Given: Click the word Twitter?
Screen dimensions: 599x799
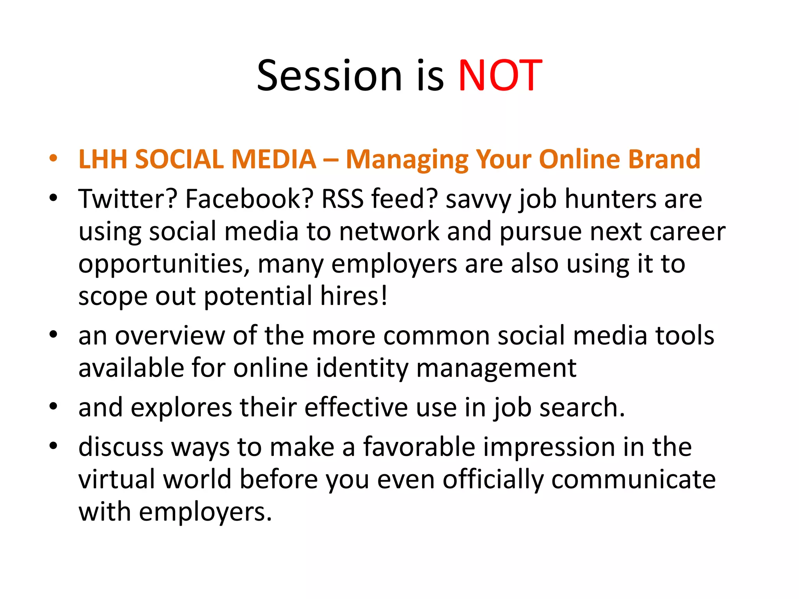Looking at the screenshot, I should (128, 199).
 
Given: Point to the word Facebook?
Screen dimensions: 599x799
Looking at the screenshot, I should (249, 199).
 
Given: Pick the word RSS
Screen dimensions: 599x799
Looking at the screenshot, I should (342, 199).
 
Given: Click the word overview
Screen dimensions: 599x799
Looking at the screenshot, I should (170, 336).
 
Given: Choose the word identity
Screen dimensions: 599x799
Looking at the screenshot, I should (362, 369).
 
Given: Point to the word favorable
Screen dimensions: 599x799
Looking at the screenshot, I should (419, 447).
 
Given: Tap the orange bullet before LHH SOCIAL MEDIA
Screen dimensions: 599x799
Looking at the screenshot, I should (53, 159).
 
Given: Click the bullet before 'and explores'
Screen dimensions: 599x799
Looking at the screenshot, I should (53, 407).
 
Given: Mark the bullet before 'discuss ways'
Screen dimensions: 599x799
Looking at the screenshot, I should (53, 446).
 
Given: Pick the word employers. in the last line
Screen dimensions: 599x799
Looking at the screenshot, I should (205, 512).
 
